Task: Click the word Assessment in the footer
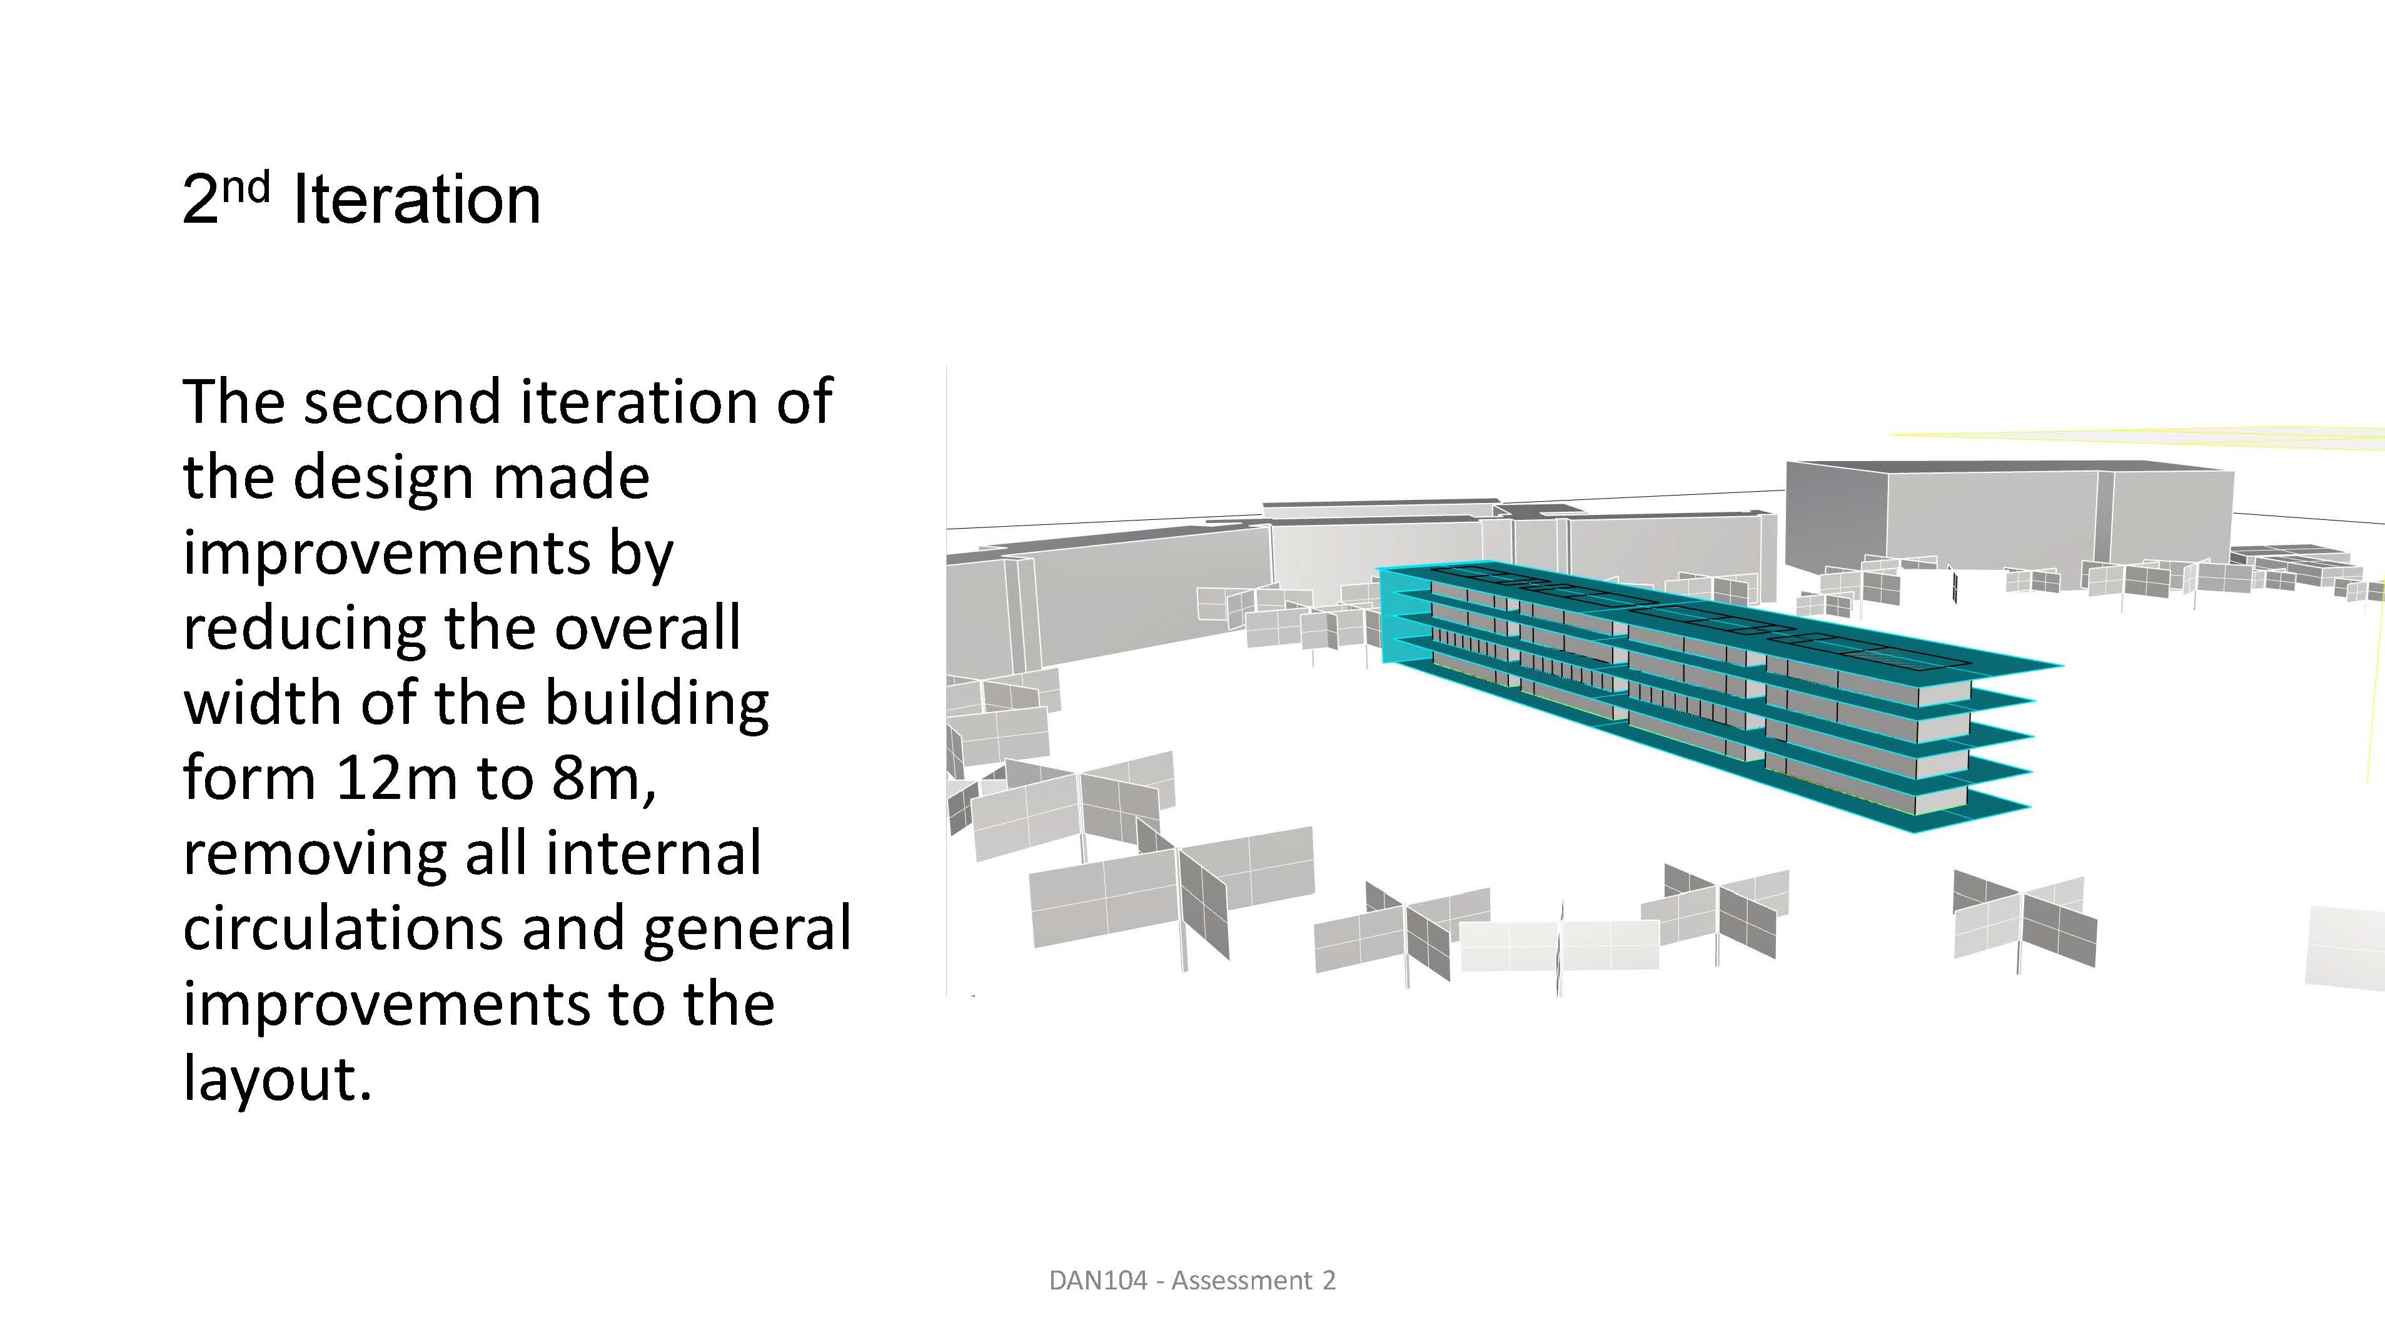click(x=1241, y=1280)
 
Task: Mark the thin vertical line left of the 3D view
click(x=946, y=681)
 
